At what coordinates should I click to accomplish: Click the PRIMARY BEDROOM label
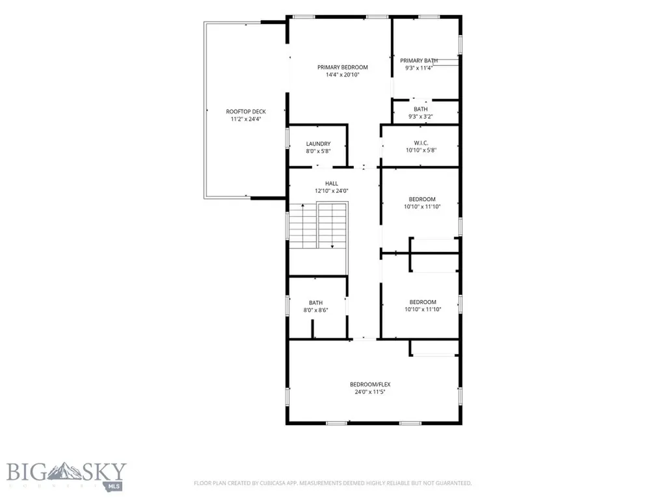pyautogui.click(x=342, y=67)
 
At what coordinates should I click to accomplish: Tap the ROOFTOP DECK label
pyautogui.click(x=246, y=112)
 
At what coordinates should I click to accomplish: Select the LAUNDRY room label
pyautogui.click(x=318, y=144)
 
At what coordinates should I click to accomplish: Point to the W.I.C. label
pyautogui.click(x=421, y=143)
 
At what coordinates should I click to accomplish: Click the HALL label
pyautogui.click(x=332, y=184)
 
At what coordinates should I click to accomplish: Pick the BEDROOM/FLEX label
pyautogui.click(x=370, y=384)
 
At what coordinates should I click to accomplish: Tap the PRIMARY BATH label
pyautogui.click(x=419, y=61)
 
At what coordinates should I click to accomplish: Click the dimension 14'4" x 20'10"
pyautogui.click(x=342, y=75)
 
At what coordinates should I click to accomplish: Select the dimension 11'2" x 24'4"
pyautogui.click(x=246, y=120)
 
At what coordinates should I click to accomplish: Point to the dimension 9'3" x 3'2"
pyautogui.click(x=421, y=117)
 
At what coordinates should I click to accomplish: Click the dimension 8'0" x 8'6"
pyautogui.click(x=315, y=311)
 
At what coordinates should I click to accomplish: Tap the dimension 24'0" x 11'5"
pyautogui.click(x=370, y=392)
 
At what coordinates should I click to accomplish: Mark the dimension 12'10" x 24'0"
pyautogui.click(x=332, y=191)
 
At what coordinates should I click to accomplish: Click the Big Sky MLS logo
pyautogui.click(x=66, y=476)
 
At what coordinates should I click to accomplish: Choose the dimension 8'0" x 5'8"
pyautogui.click(x=318, y=151)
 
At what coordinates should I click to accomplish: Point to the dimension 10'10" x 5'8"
pyautogui.click(x=421, y=150)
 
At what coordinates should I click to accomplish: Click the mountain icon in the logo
pyautogui.click(x=64, y=471)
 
